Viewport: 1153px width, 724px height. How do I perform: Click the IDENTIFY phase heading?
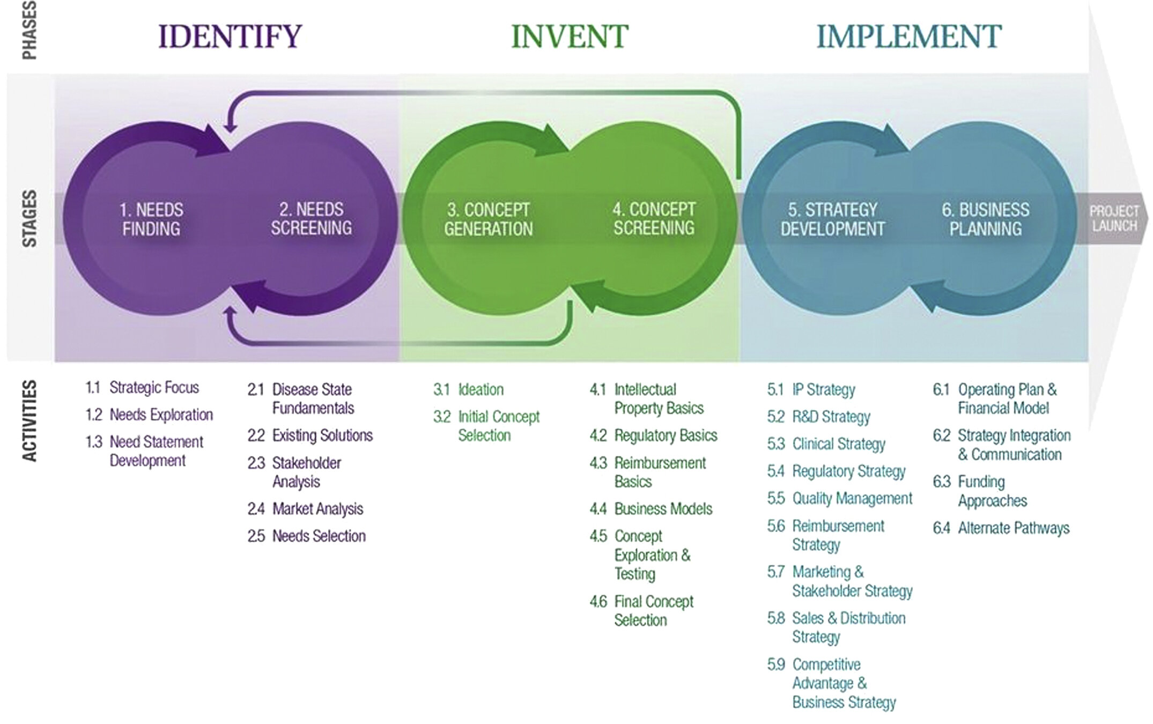tap(230, 36)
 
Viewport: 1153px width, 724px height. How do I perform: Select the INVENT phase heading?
tap(570, 36)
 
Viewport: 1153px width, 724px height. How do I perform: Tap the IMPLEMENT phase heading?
tap(908, 36)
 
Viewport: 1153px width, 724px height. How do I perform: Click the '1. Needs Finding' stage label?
tap(151, 219)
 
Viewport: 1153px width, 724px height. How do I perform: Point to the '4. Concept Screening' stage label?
tap(654, 219)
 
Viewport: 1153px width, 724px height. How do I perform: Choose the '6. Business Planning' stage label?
tap(986, 219)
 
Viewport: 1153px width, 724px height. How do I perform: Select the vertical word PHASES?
tap(29, 31)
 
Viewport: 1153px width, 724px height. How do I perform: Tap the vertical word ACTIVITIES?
tap(29, 421)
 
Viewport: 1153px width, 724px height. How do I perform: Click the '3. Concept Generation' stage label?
tap(488, 219)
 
